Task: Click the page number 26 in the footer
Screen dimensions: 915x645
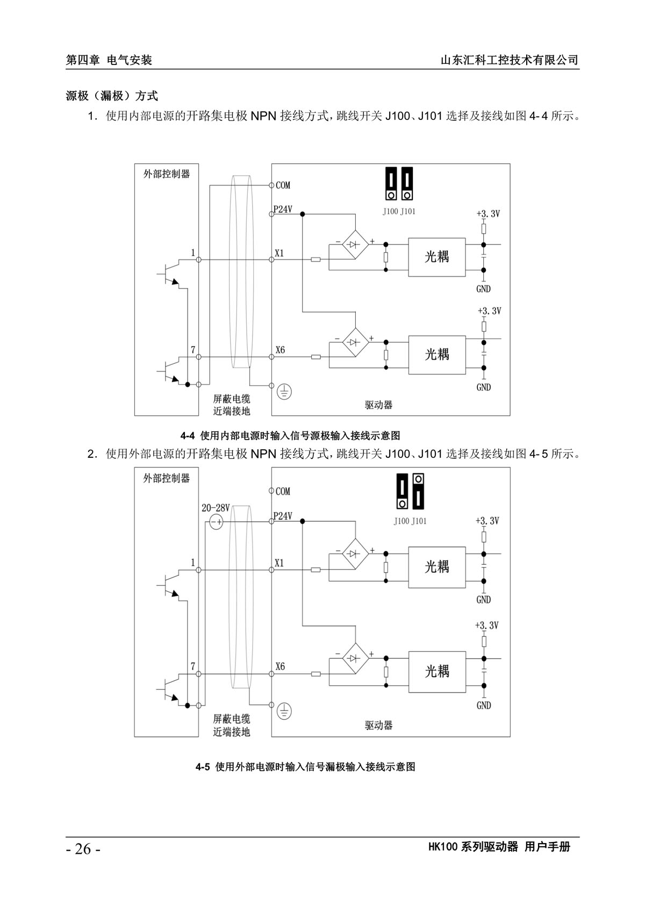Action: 83,849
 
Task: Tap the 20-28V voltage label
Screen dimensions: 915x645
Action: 216,508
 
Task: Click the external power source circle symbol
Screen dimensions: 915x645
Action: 216,522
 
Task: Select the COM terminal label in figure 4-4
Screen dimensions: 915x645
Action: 283,185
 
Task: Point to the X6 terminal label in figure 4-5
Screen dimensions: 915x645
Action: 280,666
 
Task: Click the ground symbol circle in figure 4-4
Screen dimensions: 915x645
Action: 284,392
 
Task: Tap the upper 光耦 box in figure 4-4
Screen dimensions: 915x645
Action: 436,257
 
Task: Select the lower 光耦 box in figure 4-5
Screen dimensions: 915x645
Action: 436,671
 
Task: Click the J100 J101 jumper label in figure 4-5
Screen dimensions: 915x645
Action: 410,521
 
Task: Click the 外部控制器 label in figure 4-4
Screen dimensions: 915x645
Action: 167,174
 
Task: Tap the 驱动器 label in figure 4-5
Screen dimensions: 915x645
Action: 379,725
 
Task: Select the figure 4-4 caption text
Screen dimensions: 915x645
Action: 290,435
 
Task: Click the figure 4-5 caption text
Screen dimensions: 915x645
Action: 305,767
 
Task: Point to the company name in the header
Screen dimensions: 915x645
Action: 509,60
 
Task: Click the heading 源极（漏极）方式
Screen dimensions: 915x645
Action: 112,96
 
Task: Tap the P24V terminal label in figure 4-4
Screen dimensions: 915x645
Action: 283,210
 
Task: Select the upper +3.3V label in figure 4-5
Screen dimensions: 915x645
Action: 487,521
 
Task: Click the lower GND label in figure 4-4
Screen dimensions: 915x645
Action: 483,387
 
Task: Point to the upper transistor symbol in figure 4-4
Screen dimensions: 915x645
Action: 171,274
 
